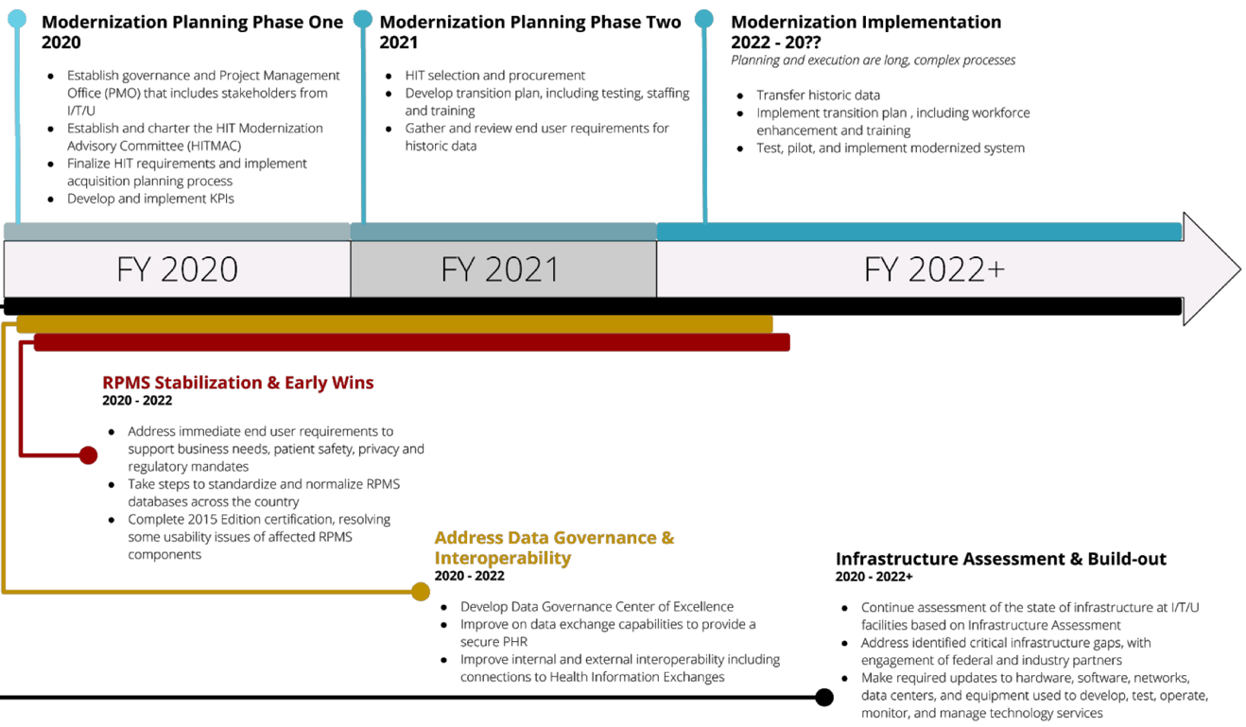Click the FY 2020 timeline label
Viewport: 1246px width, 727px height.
coord(177,269)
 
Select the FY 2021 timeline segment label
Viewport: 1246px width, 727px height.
coord(499,269)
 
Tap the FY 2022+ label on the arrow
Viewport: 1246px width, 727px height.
coord(934,269)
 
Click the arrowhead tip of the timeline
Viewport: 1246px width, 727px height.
coord(1240,269)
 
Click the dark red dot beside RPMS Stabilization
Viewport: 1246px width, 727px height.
coord(89,455)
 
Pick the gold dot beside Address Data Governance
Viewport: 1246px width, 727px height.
coord(421,591)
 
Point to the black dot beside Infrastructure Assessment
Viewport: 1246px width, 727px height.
coord(823,697)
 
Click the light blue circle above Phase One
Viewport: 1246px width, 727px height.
coord(17,19)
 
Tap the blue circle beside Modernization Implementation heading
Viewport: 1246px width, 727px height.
coord(704,19)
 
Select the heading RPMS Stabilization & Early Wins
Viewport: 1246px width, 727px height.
coord(238,383)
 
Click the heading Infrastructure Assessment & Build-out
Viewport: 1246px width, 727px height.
coord(1001,559)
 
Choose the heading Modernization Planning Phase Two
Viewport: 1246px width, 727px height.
coord(530,23)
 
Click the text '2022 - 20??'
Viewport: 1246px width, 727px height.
coord(776,43)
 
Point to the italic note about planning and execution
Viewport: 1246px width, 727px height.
coord(873,61)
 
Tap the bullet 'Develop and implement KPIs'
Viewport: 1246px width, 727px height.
coord(150,199)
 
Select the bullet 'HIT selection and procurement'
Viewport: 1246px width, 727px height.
coord(495,75)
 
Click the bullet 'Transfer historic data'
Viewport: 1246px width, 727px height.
coord(819,95)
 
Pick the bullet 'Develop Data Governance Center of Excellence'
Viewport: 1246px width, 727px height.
coord(597,606)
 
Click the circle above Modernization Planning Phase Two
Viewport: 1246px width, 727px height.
coord(363,19)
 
